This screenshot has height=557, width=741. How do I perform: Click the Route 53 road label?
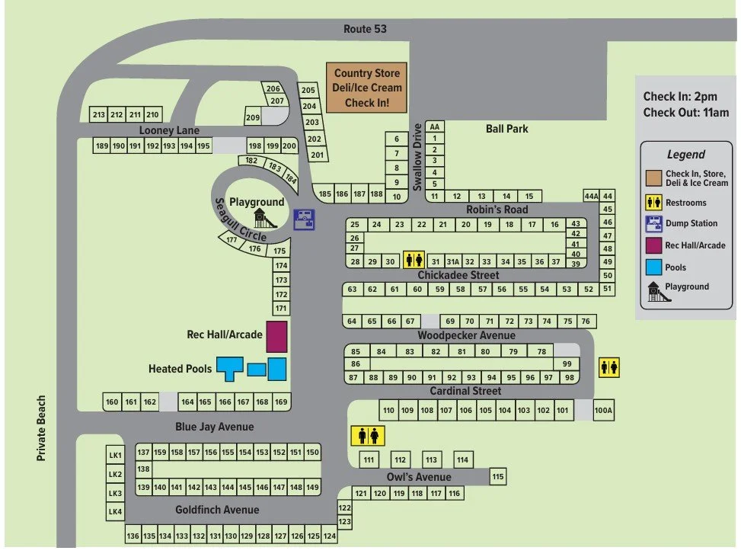pyautogui.click(x=365, y=29)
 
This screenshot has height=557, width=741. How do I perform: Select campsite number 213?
pyautogui.click(x=98, y=115)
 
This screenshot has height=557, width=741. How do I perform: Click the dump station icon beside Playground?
pyautogui.click(x=304, y=219)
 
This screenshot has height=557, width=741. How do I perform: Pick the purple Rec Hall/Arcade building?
pyautogui.click(x=276, y=336)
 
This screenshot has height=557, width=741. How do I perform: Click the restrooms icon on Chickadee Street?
pyautogui.click(x=414, y=260)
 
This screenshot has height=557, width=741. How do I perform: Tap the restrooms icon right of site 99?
pyautogui.click(x=609, y=367)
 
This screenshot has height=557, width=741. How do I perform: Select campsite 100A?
pyautogui.click(x=603, y=411)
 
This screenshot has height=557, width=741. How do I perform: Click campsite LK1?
pyautogui.click(x=115, y=455)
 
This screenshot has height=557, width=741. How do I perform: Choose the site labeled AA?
pyautogui.click(x=435, y=126)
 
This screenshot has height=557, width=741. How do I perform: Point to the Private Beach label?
pyautogui.click(x=42, y=427)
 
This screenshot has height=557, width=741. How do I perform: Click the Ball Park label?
pyautogui.click(x=506, y=129)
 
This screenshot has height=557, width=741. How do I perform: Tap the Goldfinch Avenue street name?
pyautogui.click(x=217, y=510)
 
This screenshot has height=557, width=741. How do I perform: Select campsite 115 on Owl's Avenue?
pyautogui.click(x=498, y=476)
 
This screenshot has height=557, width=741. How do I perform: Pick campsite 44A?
pyautogui.click(x=591, y=196)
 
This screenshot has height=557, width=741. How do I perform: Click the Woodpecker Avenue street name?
pyautogui.click(x=466, y=335)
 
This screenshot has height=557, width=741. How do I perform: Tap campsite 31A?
pyautogui.click(x=452, y=261)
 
